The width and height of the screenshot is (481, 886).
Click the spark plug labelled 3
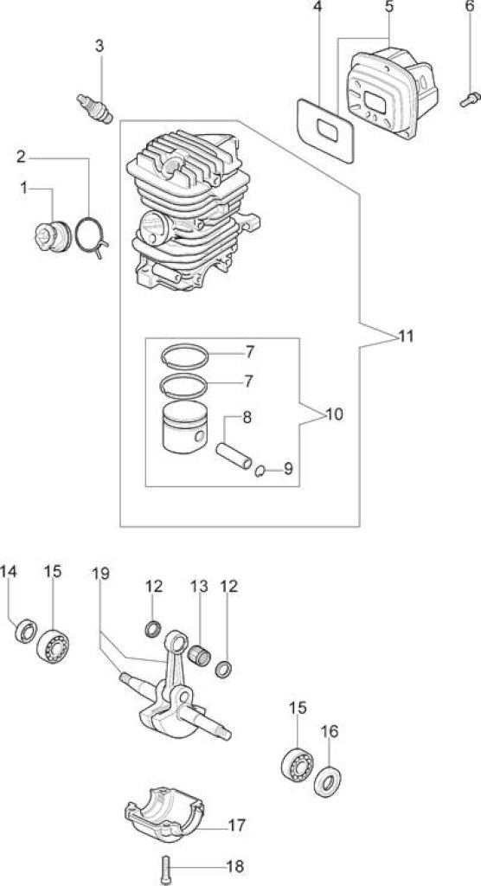pos(95,108)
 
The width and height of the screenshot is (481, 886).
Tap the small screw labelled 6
pos(470,100)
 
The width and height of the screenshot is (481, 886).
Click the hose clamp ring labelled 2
pos(77,235)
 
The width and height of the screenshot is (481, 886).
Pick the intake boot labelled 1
pos(53,236)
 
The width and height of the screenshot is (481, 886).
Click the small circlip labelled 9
pos(260,470)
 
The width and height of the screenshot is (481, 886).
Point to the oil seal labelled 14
pos(25,630)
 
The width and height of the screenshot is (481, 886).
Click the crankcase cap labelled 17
pos(164,813)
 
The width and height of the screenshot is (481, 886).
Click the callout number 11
pos(406,337)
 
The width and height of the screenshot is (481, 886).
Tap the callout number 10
pos(334,414)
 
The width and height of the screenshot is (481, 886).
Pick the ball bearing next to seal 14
pos(53,645)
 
